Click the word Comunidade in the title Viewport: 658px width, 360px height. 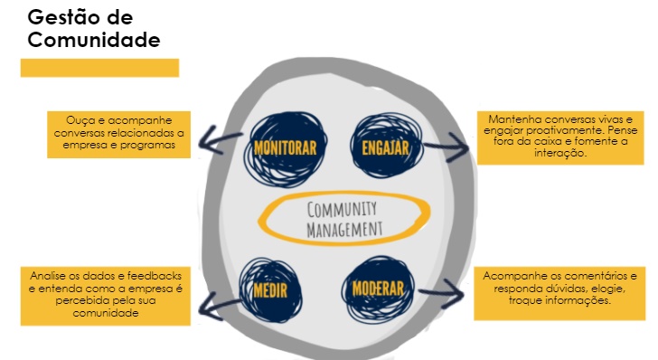click(95, 40)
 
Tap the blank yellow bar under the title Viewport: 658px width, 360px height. click(99, 68)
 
